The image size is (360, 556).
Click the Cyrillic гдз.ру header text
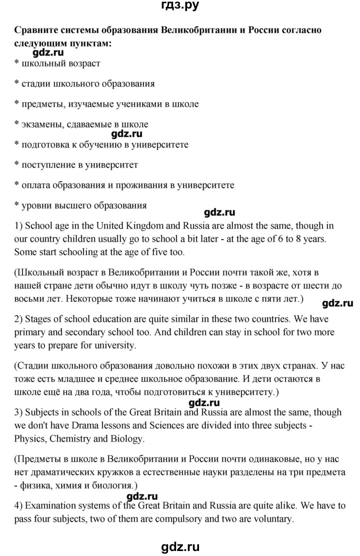pos(180,6)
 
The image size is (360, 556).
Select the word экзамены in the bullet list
pos(42,124)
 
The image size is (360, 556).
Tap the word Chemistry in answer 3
pos(78,439)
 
